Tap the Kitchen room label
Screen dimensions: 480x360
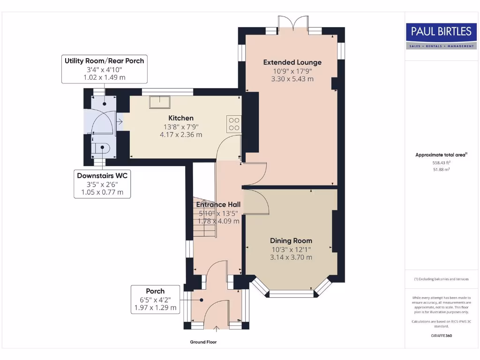tap(181, 118)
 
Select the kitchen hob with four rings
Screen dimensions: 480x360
tap(234, 124)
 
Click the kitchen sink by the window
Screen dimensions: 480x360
tap(159, 102)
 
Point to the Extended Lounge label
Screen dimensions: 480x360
tap(292, 62)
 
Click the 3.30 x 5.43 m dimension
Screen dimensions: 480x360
tap(292, 79)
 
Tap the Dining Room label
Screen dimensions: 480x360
tap(291, 240)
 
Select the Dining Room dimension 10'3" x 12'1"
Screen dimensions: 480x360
tap(291, 249)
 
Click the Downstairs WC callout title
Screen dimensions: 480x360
tap(102, 176)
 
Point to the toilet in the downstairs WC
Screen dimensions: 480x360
tap(102, 148)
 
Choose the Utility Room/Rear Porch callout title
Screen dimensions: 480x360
tap(105, 61)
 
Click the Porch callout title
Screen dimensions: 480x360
tap(155, 291)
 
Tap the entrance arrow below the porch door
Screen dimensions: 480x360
tap(217, 329)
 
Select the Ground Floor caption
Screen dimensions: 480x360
tap(203, 342)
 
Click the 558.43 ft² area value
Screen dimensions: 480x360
tap(442, 163)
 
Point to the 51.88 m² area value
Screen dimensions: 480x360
tap(442, 169)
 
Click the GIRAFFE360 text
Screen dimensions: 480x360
tap(442, 336)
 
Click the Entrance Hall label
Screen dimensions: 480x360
tap(218, 204)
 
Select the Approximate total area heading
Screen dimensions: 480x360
tap(441, 155)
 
